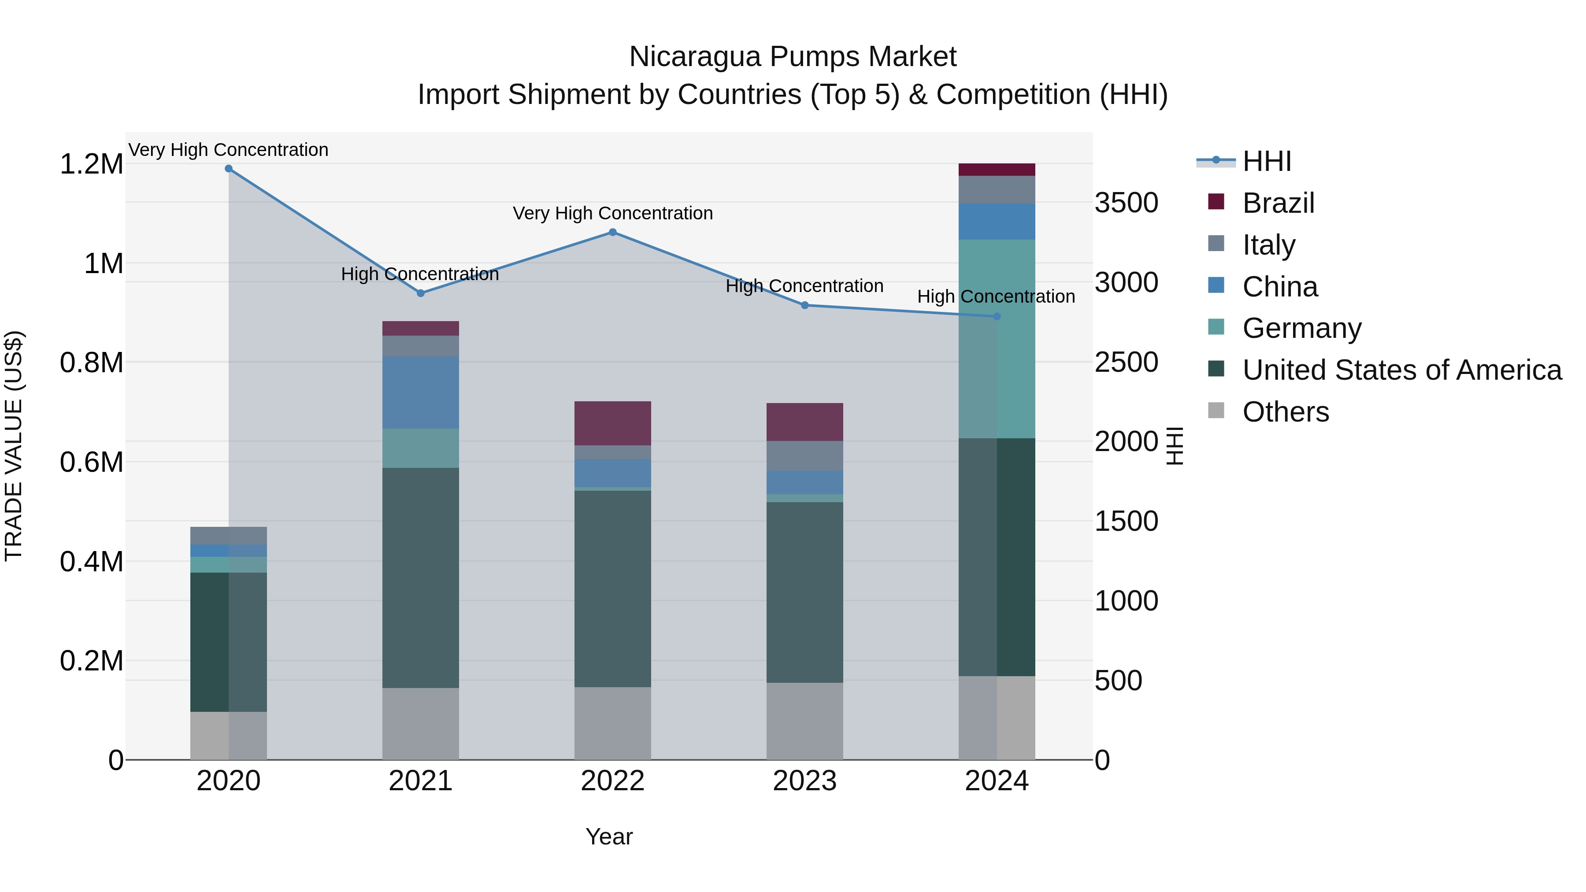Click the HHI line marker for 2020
point(228,169)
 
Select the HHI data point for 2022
point(613,232)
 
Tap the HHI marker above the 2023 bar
point(805,305)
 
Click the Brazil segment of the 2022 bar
point(613,423)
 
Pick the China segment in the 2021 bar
point(421,392)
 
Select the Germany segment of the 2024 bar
point(997,339)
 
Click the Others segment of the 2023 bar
point(805,721)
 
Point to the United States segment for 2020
point(228,642)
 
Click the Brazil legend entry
point(1278,203)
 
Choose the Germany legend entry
point(1301,328)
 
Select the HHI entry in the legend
point(1267,161)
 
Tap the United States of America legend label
point(1402,370)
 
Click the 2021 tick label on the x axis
point(421,781)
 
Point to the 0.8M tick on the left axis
point(92,363)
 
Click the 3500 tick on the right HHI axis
point(1126,203)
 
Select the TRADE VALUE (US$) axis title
point(14,446)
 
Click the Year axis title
point(609,836)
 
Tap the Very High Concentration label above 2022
point(613,213)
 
